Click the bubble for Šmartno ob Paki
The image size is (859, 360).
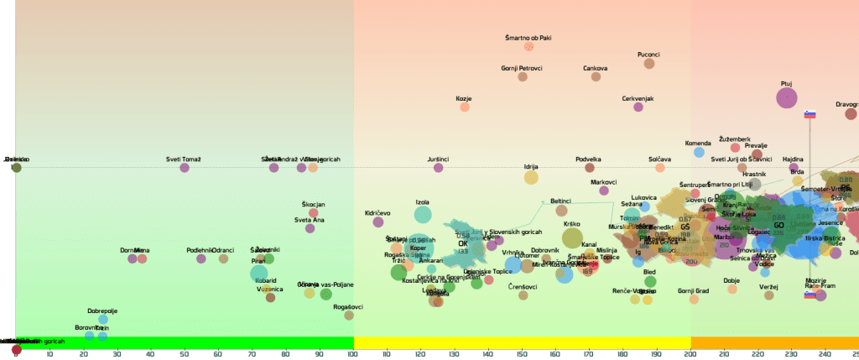528,47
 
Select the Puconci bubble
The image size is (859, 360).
649,64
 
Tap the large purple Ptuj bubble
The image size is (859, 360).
786,98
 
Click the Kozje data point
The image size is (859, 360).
465,107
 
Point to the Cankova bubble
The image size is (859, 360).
596,76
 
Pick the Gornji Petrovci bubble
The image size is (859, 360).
523,76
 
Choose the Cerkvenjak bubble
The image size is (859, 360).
638,107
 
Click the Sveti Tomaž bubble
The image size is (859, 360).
185,168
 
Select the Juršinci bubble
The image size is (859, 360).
438,168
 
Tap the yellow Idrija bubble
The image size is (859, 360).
531,177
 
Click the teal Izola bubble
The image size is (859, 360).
423,215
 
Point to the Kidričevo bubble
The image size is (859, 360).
377,222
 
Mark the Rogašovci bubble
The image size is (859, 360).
349,316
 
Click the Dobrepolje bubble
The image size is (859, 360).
102,319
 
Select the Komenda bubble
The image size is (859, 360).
699,153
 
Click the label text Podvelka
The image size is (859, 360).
588,159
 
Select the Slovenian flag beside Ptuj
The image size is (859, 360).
810,114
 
